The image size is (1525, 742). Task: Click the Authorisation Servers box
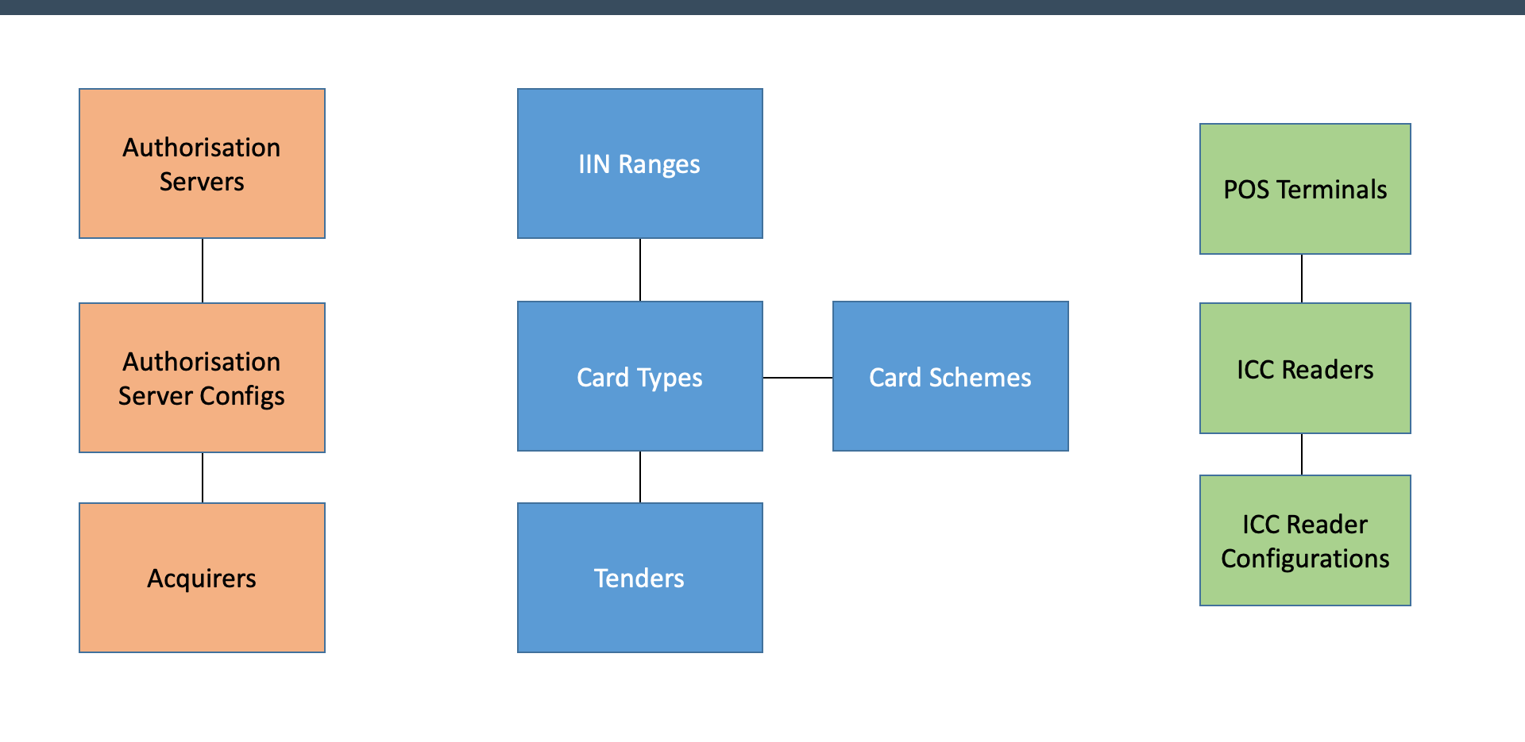[x=202, y=163]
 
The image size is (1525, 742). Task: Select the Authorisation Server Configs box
[x=202, y=378]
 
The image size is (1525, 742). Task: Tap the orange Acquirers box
[x=202, y=578]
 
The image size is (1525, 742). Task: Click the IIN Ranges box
[x=639, y=163]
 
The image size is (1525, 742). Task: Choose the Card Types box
[x=639, y=376]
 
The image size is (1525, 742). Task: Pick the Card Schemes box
[x=950, y=376]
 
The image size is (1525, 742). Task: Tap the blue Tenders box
[x=639, y=578]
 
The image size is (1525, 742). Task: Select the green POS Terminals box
[x=1305, y=189]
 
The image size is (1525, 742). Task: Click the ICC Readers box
[x=1305, y=368]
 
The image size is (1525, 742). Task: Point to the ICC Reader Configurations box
[x=1305, y=540]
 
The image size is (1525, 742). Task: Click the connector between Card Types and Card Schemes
[x=797, y=378]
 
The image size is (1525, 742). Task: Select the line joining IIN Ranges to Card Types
[x=640, y=270]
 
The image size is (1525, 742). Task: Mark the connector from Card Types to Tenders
[x=640, y=477]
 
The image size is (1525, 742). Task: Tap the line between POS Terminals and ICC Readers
[x=1302, y=279]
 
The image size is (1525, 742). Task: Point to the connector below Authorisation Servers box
[x=203, y=271]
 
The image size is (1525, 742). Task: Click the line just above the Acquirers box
[x=203, y=478]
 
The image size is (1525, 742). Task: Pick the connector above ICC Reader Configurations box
[x=1302, y=454]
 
